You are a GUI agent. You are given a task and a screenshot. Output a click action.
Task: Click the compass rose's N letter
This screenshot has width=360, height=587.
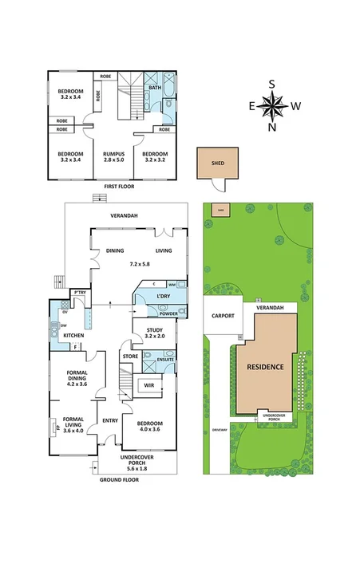[x=273, y=127]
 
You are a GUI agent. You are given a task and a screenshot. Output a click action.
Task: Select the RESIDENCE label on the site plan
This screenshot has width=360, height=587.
[x=264, y=367]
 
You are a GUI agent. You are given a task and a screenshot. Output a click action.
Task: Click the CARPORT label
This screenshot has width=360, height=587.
[x=224, y=316]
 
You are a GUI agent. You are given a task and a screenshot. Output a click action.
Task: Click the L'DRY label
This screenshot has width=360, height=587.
[x=164, y=297]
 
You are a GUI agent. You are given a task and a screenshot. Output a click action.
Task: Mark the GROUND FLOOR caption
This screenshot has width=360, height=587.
[x=118, y=480]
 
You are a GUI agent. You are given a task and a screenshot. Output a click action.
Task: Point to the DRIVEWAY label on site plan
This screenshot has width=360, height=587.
[x=220, y=430]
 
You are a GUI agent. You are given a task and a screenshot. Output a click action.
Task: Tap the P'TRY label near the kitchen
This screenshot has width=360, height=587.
[x=79, y=293]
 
